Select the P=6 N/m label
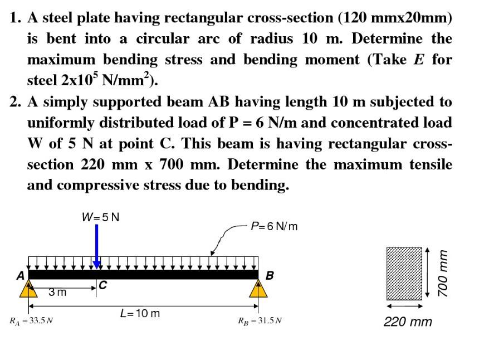tap(274, 226)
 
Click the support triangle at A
tap(28, 289)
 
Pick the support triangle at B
tap(258, 289)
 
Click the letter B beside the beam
tap(270, 276)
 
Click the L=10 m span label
tap(140, 313)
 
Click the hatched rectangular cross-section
tap(404, 274)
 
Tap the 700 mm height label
tap(442, 274)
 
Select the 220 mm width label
tap(408, 322)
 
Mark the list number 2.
tap(14, 102)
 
